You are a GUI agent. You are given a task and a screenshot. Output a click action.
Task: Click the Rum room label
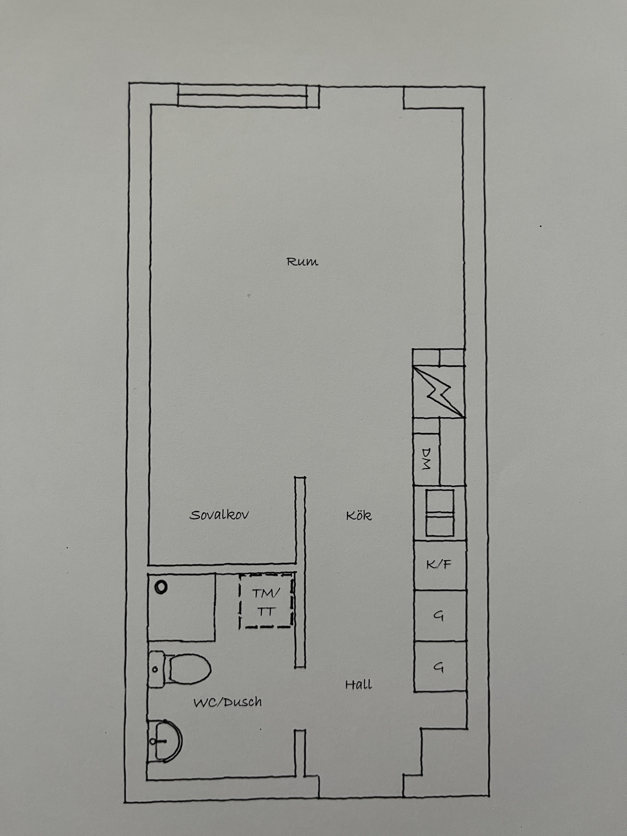pos(302,261)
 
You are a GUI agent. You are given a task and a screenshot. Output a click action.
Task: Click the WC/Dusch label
pos(227,702)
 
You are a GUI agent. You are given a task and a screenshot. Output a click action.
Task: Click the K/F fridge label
pos(439,565)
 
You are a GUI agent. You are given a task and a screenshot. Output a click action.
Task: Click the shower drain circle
pos(161,588)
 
